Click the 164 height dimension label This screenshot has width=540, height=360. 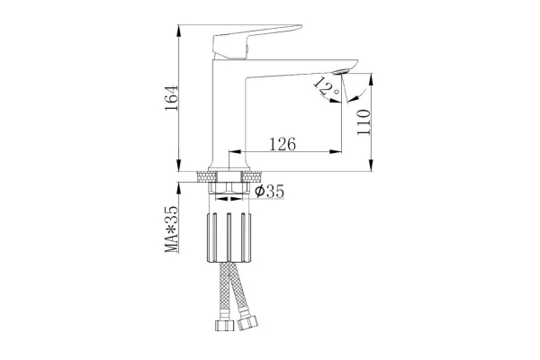[x=172, y=98]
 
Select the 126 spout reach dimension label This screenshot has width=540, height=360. [x=282, y=144]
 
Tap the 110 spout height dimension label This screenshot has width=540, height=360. [x=364, y=122]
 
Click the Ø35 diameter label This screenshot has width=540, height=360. [x=270, y=192]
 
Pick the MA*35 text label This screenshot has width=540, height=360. [x=172, y=229]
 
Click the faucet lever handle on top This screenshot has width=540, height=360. [x=256, y=41]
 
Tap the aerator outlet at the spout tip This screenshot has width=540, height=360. [x=342, y=71]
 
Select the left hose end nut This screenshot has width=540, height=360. [x=224, y=325]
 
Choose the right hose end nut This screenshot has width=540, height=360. [x=247, y=323]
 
